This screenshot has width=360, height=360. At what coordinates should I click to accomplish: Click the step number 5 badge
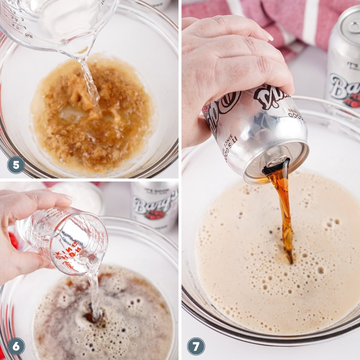[16, 165]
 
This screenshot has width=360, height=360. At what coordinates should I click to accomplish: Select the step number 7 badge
[196, 347]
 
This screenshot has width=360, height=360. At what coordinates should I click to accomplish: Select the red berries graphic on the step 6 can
[156, 214]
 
